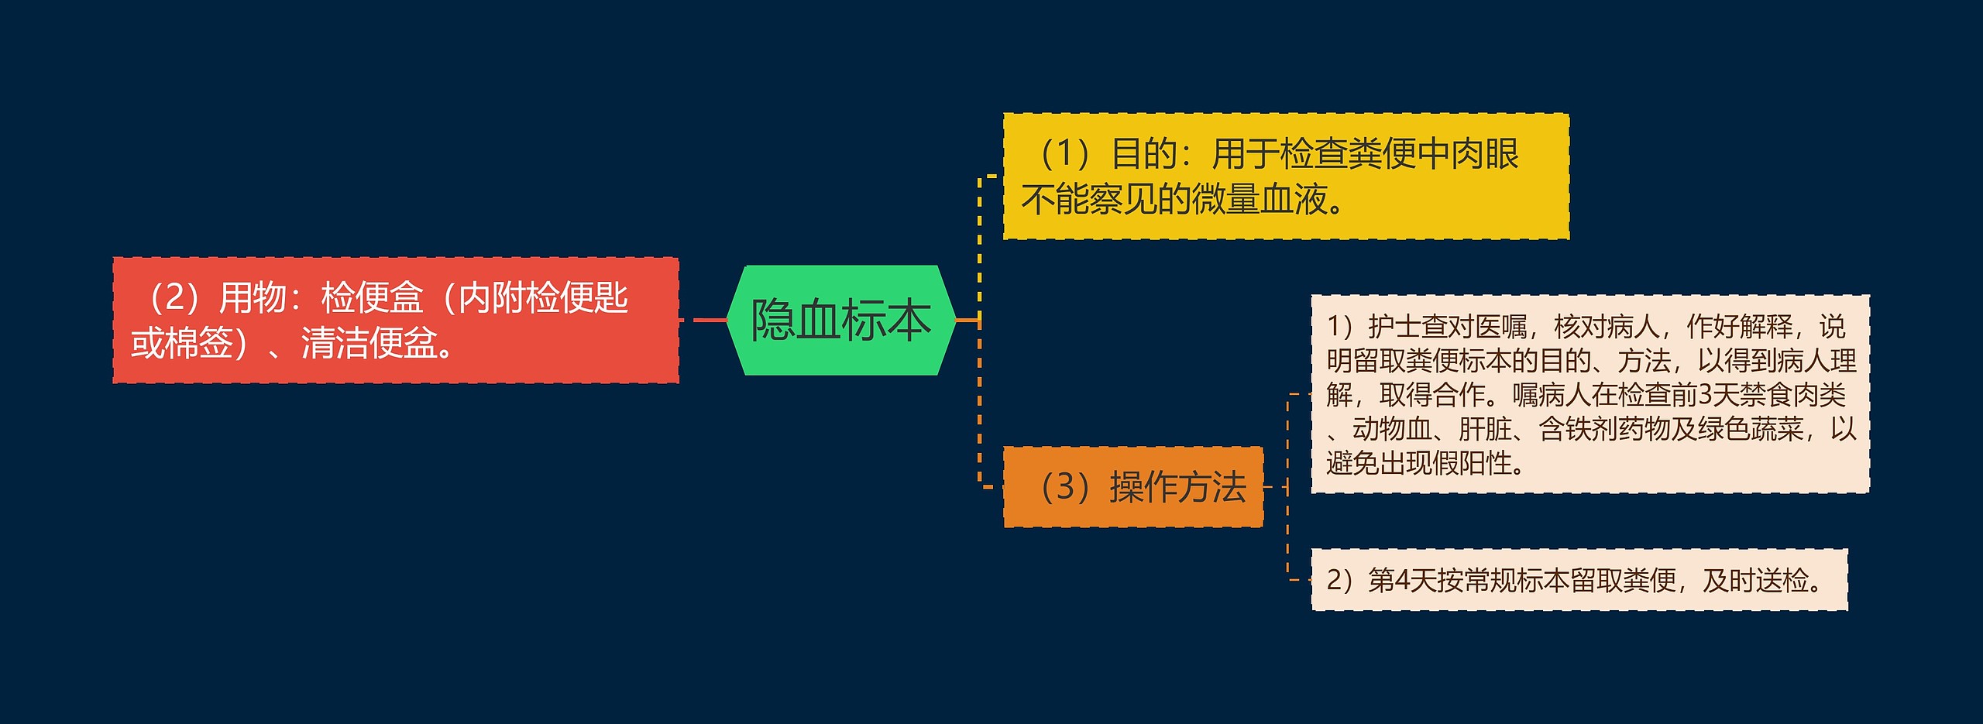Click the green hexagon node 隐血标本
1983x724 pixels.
840,320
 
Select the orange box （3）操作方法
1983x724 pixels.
1133,487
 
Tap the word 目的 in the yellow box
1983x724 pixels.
1144,153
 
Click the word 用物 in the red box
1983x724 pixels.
253,297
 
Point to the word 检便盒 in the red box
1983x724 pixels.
372,297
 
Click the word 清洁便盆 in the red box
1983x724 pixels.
369,343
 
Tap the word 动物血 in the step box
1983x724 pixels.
1392,429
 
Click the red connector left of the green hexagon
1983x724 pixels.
709,320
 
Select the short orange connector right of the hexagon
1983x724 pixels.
967,320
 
